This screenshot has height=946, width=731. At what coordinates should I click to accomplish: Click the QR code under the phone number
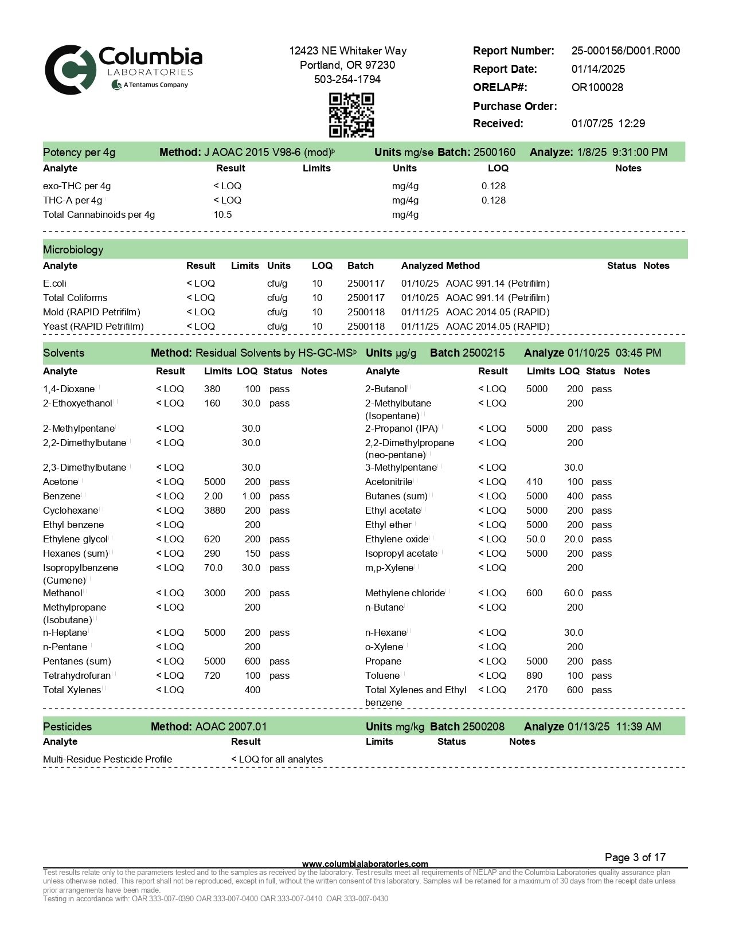(x=351, y=115)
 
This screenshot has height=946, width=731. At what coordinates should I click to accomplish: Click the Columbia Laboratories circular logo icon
(x=70, y=70)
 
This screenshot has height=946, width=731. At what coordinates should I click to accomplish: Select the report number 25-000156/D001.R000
(x=626, y=51)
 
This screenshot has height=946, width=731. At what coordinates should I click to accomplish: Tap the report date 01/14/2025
(x=598, y=69)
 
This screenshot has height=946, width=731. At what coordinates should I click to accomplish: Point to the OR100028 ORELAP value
(x=597, y=88)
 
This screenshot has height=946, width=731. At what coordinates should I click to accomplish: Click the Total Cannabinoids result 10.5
(x=222, y=215)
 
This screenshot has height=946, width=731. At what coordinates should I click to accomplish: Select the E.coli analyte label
(x=54, y=284)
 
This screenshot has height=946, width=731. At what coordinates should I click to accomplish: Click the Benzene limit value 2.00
(x=213, y=497)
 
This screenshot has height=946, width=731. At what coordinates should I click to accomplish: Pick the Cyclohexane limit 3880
(x=214, y=511)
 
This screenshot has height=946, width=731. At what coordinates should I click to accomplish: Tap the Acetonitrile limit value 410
(x=534, y=482)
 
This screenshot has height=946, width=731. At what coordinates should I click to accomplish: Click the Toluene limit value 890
(x=534, y=676)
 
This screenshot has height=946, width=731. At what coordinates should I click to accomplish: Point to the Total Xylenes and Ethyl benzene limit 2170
(x=537, y=690)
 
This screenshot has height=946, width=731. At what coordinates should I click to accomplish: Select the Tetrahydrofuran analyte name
(x=77, y=676)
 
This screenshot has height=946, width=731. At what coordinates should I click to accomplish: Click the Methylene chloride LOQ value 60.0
(x=573, y=593)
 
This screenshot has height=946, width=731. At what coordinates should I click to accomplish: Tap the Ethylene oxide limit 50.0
(x=535, y=540)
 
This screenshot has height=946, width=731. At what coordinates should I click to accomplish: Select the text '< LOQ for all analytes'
(x=277, y=760)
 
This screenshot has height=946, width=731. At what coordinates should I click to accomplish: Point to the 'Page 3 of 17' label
(x=635, y=858)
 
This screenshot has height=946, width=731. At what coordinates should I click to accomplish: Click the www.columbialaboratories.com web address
(x=365, y=864)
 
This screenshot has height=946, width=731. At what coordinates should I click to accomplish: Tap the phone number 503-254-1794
(x=347, y=80)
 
